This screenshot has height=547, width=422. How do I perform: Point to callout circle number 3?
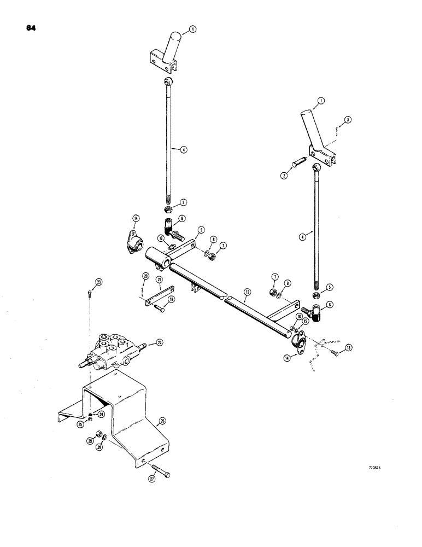[x=347, y=119]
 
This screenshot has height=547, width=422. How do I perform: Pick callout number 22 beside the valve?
[x=159, y=342]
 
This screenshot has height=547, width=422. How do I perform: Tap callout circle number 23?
[x=98, y=282]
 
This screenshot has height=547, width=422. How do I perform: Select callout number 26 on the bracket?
[x=162, y=421]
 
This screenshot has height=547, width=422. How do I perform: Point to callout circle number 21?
[x=159, y=280]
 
